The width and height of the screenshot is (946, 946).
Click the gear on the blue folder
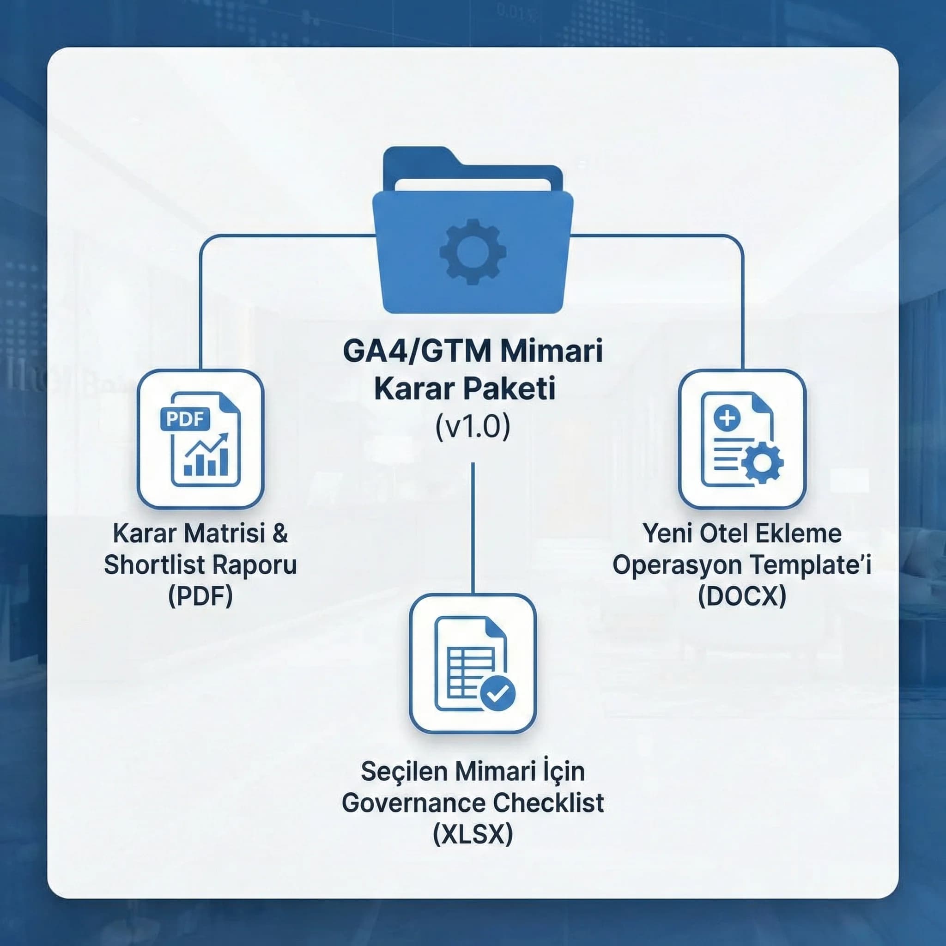pyautogui.click(x=473, y=252)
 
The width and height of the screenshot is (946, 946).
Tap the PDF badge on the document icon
pyautogui.click(x=185, y=418)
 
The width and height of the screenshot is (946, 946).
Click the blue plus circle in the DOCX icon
pyautogui.click(x=727, y=418)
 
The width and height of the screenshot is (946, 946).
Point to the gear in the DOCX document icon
pyautogui.click(x=762, y=462)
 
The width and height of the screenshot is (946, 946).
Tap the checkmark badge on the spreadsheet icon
pyautogui.click(x=497, y=692)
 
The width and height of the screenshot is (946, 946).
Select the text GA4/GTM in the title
pyautogui.click(x=410, y=351)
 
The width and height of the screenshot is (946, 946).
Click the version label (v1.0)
pyautogui.click(x=473, y=426)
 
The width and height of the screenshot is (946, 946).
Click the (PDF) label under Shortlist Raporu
pyautogui.click(x=200, y=596)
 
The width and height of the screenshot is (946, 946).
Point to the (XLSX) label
pyautogui.click(x=473, y=834)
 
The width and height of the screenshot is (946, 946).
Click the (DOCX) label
pyautogui.click(x=742, y=596)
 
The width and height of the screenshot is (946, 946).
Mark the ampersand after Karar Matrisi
pyautogui.click(x=280, y=533)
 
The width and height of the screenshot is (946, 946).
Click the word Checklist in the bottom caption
pyautogui.click(x=548, y=802)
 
